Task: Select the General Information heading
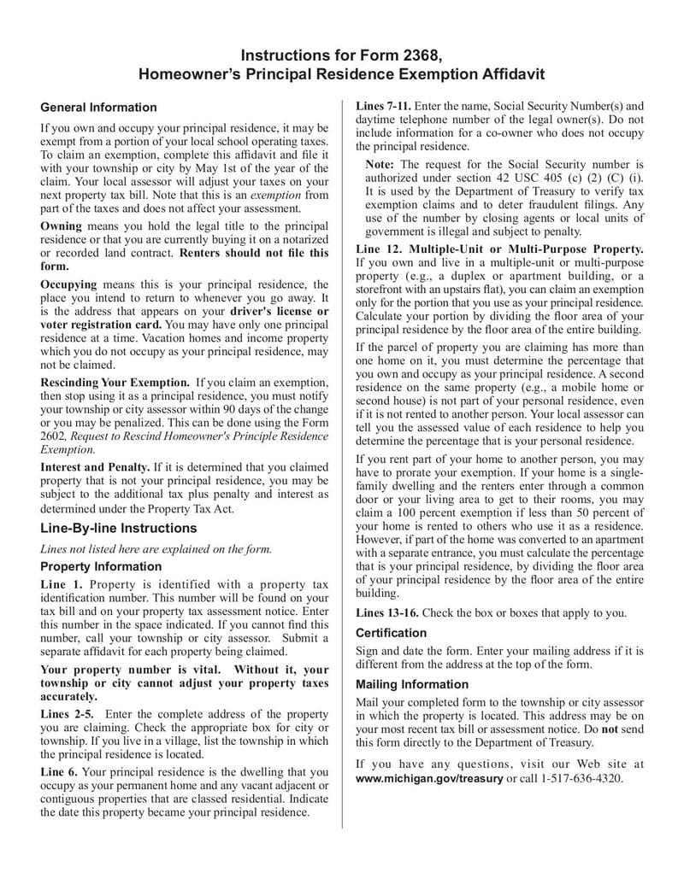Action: pos(98,108)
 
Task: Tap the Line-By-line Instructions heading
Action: pos(118,528)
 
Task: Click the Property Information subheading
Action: pos(101,566)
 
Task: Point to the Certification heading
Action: pos(391,633)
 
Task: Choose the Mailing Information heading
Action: pos(412,684)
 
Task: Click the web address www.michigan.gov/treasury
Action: pos(429,779)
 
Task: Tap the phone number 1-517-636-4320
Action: pos(582,779)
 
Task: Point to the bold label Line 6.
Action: pos(60,771)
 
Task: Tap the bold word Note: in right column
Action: pos(380,164)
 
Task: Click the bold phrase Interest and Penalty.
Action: pos(95,467)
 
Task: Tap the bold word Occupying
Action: pos(69,284)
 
